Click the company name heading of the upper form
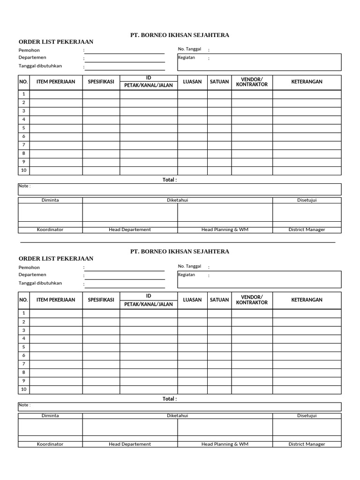180,35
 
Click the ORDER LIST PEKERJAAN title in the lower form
56,259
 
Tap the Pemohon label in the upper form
29,50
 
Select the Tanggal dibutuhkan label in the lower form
40,283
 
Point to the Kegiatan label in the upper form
186,58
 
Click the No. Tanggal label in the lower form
189,266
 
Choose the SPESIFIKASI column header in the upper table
101,82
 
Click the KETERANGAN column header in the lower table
307,300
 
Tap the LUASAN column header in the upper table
192,82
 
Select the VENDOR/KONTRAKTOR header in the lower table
252,300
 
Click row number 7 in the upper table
23,145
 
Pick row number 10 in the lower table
23,389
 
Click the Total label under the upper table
170,180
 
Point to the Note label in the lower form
24,405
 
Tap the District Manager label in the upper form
307,230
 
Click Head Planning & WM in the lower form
225,444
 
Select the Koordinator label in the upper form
50,230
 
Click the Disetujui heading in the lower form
307,415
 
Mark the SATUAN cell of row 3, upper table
219,111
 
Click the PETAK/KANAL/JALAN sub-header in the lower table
148,304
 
